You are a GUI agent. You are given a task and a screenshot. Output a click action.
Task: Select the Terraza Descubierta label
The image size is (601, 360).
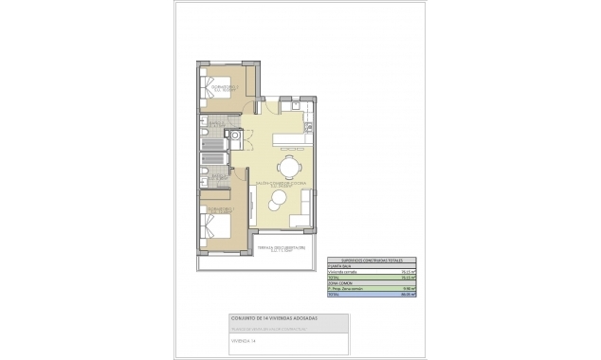tap(282, 249)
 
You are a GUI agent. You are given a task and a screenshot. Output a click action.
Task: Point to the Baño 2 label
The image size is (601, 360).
tap(217, 122)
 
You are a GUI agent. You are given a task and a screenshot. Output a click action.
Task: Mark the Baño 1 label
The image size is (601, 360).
tap(217, 174)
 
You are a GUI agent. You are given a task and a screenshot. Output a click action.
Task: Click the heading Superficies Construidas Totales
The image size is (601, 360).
tap(365, 260)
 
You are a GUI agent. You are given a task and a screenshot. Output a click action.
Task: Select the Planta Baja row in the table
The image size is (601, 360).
tap(340, 266)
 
